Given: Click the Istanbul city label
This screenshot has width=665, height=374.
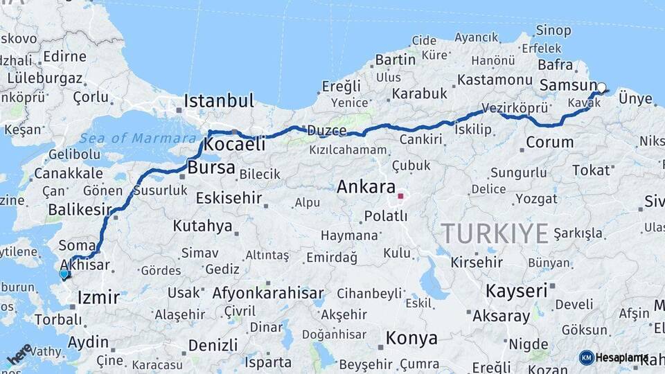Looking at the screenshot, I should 219,101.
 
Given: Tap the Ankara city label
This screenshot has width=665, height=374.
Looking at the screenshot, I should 366,186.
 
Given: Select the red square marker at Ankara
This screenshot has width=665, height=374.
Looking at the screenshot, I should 400,196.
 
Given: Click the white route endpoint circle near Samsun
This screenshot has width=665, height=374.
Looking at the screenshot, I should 601,88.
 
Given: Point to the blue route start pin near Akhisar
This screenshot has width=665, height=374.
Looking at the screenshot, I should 64,274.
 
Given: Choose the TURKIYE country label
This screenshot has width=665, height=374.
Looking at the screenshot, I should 495,233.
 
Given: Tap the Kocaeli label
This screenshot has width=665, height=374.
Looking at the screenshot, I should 236,145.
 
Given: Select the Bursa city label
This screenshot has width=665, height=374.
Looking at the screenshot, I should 211,168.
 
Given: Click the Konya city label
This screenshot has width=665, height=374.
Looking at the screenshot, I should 411,338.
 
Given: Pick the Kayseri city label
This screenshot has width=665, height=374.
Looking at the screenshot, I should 516,290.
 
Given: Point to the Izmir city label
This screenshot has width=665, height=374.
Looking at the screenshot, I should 98,299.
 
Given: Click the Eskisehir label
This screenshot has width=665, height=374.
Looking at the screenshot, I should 229,198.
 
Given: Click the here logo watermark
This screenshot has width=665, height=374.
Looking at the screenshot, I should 19,354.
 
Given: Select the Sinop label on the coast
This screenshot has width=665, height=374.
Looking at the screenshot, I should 553,30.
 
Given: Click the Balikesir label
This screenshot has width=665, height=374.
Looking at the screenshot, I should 80,209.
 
